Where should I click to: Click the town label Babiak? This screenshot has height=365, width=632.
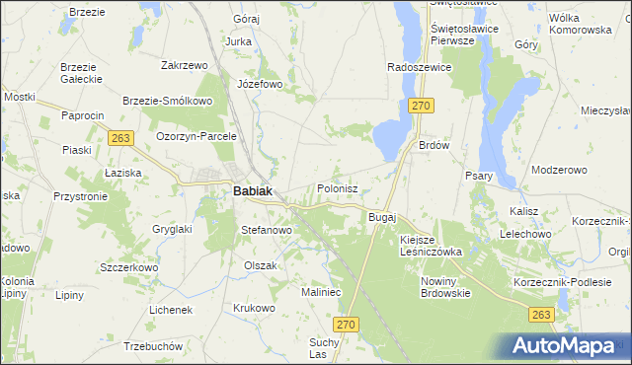253,192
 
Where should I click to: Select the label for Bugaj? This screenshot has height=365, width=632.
381,216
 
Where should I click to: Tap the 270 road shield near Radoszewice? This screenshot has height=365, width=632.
423,107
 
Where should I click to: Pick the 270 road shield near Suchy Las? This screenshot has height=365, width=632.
344,324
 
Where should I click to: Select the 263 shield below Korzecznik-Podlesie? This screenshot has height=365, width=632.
539,314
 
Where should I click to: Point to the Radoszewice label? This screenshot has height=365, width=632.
419,66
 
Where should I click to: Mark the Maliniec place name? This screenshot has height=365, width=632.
321,292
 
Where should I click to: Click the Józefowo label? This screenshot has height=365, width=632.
260,84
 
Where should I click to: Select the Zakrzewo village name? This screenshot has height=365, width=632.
184,65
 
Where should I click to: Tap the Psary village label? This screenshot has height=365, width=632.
479,176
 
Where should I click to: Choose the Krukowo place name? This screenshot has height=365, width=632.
254,308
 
